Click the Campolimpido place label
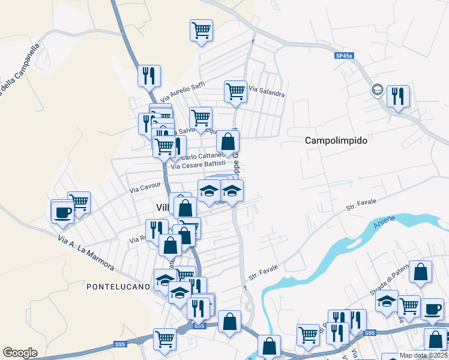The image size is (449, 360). [x=336, y=140]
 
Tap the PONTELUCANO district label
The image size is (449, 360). [x=118, y=287]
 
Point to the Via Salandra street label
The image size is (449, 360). [x=266, y=91]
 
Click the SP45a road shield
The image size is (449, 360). [x=345, y=56]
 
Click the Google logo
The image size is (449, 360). [x=20, y=353]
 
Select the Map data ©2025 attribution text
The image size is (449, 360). [x=424, y=355]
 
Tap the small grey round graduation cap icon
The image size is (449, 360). [x=377, y=90]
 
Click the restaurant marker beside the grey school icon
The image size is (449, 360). [x=398, y=96]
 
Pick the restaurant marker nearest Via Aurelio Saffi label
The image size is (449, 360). [x=149, y=76]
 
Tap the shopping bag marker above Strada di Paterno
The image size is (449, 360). [x=421, y=272]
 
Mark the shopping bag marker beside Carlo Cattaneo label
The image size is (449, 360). [x=228, y=142]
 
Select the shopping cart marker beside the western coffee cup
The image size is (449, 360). [x=79, y=203]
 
